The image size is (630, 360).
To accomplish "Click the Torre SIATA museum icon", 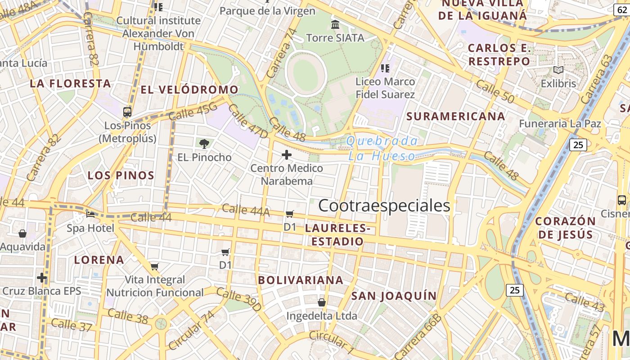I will click(x=335, y=24).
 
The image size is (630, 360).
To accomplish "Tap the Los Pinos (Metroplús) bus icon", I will click(x=127, y=112).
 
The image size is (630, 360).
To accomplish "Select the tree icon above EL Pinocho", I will click(x=204, y=144).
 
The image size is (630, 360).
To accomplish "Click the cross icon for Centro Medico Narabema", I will click(x=286, y=155).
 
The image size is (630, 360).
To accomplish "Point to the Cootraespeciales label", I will click(x=384, y=206).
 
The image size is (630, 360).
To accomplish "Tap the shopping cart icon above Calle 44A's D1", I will click(x=290, y=214).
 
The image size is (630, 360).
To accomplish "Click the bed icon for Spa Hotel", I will click(x=90, y=215).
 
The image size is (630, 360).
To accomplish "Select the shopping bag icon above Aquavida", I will click(x=22, y=234).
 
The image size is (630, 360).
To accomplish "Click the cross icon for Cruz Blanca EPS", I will click(x=42, y=278).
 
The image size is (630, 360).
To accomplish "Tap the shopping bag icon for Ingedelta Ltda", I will click(x=322, y=302).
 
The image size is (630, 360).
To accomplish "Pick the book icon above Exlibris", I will click(x=558, y=70).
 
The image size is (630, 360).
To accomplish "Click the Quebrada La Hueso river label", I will click(x=382, y=148).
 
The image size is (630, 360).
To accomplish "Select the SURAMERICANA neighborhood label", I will click(x=455, y=116).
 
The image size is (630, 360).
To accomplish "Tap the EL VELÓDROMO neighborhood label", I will click(x=189, y=90).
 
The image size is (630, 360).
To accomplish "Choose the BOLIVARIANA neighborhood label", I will click(x=301, y=280).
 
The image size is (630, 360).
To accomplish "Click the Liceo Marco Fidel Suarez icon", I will click(x=385, y=68).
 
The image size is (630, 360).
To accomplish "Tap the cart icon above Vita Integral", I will click(x=154, y=266).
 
